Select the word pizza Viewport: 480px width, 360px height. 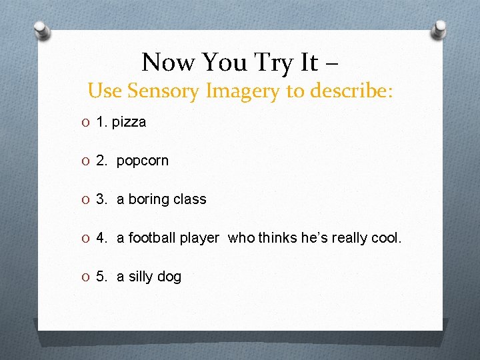[129, 123]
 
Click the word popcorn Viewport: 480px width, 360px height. [143, 161]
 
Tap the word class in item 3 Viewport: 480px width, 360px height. [191, 199]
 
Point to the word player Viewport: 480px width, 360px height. [200, 239]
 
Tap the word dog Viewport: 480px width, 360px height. [169, 277]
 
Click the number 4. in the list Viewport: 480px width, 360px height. [103, 238]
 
